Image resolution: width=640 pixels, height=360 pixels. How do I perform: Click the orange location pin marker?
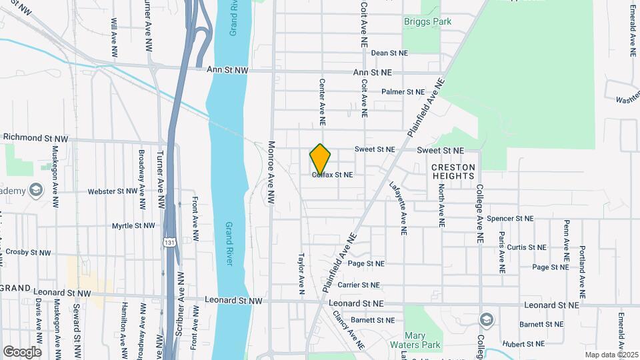[x=320, y=159]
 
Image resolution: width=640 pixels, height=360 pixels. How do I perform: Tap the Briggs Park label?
[x=427, y=21]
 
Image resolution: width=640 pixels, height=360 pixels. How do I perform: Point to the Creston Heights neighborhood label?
[x=453, y=171]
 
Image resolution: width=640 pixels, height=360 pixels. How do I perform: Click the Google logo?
[x=22, y=351]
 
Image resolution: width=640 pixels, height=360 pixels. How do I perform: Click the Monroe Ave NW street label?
[x=271, y=172]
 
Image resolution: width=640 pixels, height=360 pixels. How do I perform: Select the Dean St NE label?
[x=388, y=53]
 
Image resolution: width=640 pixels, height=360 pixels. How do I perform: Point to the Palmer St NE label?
[x=403, y=92]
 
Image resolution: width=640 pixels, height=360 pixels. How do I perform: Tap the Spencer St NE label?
[x=510, y=218]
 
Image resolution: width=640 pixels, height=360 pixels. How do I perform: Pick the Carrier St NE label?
[x=358, y=285]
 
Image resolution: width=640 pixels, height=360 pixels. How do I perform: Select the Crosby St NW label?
[x=27, y=253]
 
